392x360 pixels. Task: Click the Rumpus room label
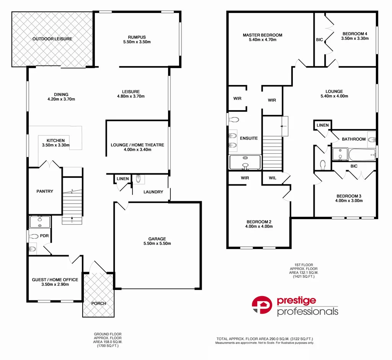137,37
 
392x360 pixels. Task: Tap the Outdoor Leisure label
52,39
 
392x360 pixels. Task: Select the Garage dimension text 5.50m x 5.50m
157,244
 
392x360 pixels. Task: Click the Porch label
98,303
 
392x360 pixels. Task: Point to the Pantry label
45,191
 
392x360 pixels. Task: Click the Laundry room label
153,192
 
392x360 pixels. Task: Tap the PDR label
44,236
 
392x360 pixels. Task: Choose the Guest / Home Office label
55,280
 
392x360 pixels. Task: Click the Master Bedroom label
263,35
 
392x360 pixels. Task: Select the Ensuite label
249,138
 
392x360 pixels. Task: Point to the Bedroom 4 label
355,34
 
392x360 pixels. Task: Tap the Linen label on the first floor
322,125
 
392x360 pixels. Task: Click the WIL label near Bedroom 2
273,178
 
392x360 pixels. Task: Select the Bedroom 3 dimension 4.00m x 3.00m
349,201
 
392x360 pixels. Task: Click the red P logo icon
262,305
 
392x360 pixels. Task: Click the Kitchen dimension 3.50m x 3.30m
56,145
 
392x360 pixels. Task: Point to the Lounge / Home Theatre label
137,145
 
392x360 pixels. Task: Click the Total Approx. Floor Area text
265,339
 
